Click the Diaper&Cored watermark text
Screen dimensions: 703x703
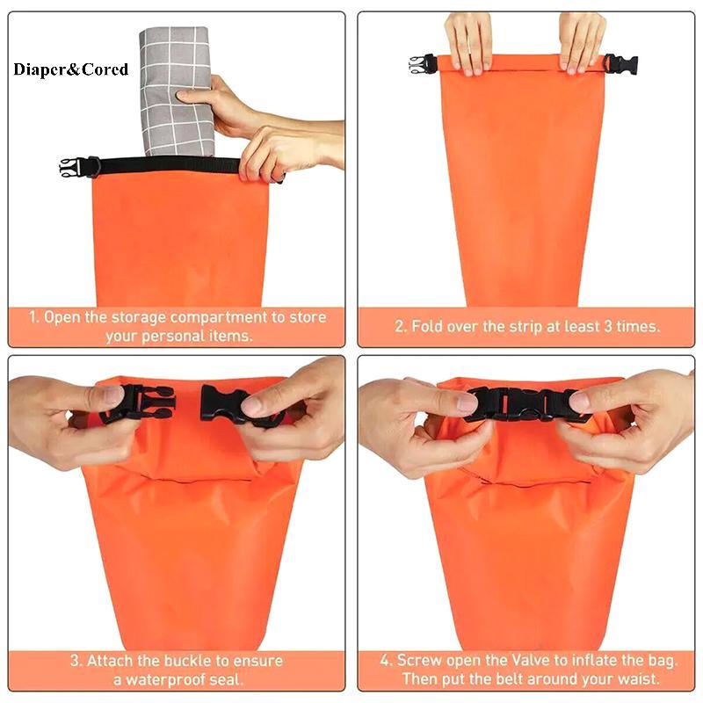(71, 69)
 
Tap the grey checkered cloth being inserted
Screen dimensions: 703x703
(176, 92)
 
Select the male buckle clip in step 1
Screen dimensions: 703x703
(71, 168)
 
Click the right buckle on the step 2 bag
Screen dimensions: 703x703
(620, 64)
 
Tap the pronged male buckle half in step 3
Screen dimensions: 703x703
(143, 403)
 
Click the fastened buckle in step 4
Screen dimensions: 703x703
(522, 404)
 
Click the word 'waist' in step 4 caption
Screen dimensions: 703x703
(638, 678)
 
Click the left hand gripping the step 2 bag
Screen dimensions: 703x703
(469, 41)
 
